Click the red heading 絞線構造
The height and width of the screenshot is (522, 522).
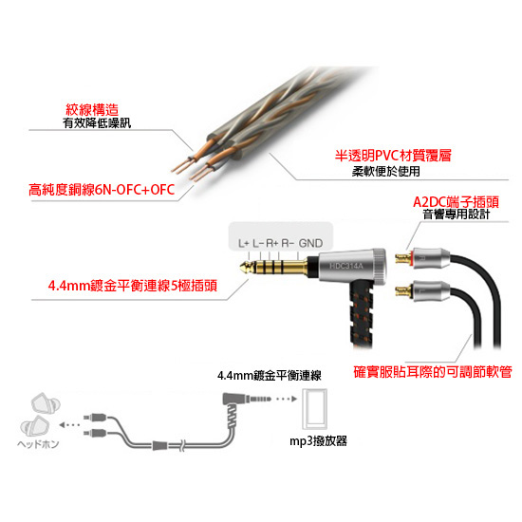click(x=92, y=109)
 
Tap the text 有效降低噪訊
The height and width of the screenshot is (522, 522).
click(x=97, y=123)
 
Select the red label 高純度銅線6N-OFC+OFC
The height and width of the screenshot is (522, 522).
click(x=102, y=190)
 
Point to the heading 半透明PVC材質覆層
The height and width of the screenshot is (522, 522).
click(x=393, y=156)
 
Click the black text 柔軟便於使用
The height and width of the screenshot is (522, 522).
click(x=386, y=172)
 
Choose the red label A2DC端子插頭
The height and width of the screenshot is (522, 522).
click(x=457, y=202)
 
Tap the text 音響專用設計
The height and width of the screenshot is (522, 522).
click(x=457, y=214)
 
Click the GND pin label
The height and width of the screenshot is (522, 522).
click(x=310, y=243)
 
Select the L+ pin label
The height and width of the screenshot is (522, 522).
click(x=244, y=243)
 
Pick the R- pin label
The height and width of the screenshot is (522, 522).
click(x=288, y=243)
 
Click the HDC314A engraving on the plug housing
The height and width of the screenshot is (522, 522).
click(x=346, y=266)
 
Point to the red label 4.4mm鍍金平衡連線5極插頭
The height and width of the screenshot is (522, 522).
click(x=133, y=286)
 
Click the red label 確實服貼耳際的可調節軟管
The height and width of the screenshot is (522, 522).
click(x=433, y=372)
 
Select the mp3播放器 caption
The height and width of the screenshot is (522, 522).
click(x=318, y=441)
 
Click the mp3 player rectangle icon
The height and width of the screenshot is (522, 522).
click(x=314, y=409)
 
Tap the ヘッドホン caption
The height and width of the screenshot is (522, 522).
click(x=38, y=444)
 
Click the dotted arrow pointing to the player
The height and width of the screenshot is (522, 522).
click(x=287, y=399)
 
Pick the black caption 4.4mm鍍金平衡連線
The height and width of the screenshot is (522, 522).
click(x=270, y=376)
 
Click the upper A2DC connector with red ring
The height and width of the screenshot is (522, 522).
click(x=422, y=258)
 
